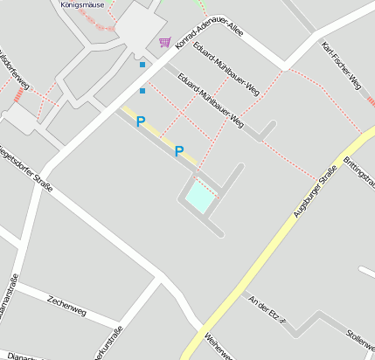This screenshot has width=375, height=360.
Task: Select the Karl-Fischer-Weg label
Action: click(x=341, y=66)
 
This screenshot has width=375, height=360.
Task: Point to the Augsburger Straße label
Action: click(x=315, y=190)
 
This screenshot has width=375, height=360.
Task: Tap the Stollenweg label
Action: click(x=360, y=336)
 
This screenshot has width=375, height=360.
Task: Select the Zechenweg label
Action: click(x=67, y=304)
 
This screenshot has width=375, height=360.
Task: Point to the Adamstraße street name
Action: click(x=10, y=297)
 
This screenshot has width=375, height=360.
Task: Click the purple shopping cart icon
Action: click(x=164, y=42)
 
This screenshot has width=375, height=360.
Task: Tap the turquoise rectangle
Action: click(x=199, y=198)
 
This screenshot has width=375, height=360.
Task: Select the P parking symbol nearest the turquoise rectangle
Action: click(x=179, y=151)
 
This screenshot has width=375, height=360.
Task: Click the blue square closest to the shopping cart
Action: click(x=142, y=64)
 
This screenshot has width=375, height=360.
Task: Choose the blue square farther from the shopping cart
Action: click(x=142, y=90)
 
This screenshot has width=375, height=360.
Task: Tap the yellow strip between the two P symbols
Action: click(x=159, y=135)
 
